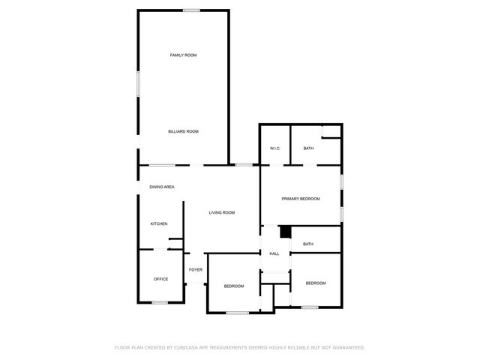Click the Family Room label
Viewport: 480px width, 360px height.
(x=183, y=55)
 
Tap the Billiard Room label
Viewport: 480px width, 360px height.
(x=183, y=131)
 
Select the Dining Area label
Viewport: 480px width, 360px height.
(x=162, y=187)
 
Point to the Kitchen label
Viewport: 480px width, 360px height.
(x=158, y=224)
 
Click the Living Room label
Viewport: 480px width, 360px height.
(x=221, y=213)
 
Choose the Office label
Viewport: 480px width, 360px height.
(x=160, y=279)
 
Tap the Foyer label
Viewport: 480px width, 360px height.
(x=195, y=269)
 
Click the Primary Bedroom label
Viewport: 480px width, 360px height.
(x=301, y=199)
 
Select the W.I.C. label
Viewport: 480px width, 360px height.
(x=274, y=148)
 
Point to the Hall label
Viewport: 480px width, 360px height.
(x=274, y=253)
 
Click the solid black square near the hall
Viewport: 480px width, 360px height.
(x=285, y=232)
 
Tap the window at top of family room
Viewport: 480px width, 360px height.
(x=191, y=10)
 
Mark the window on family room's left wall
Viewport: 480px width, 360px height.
(x=137, y=82)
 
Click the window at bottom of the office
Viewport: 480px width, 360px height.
(x=160, y=302)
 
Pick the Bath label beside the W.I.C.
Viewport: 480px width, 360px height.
(x=308, y=148)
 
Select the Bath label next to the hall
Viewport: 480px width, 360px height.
(x=307, y=244)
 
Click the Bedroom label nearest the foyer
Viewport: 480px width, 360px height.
(x=234, y=286)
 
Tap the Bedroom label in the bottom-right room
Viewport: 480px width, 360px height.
(x=316, y=283)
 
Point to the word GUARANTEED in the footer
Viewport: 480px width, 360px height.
(x=347, y=347)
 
